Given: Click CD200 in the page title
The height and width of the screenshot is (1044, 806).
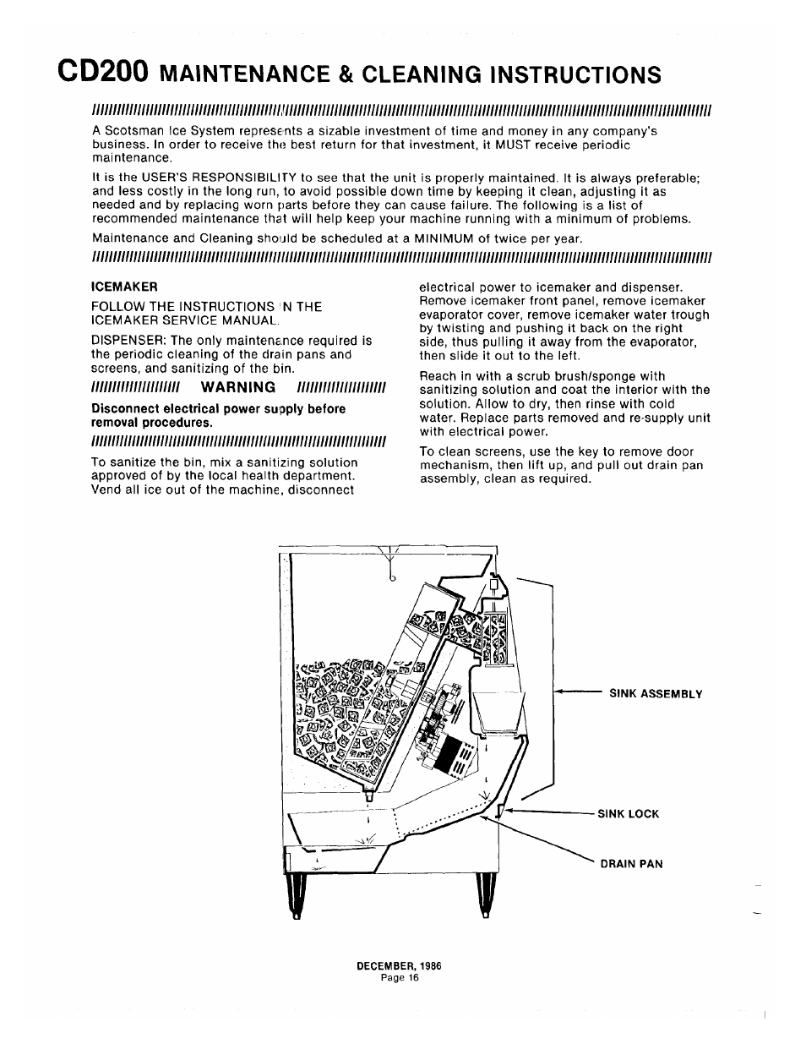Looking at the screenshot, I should tap(103, 71).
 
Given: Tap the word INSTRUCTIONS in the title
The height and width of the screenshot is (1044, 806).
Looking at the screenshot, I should tap(575, 74).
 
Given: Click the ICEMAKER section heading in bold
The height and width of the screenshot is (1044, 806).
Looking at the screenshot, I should tap(125, 286).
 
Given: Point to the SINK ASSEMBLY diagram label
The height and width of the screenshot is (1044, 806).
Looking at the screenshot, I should tap(656, 694).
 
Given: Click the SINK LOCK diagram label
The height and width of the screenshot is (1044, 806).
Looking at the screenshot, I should tap(628, 815).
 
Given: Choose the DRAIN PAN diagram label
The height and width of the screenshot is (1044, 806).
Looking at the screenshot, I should tap(631, 864).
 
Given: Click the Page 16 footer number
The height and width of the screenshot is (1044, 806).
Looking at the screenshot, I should tap(400, 977).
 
